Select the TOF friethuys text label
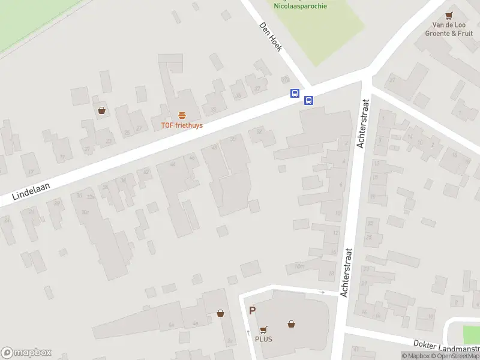tap(181, 125)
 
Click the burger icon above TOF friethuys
tap(182, 115)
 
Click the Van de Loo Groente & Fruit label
tap(448, 29)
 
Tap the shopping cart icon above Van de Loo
tap(448, 16)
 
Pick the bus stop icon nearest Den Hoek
tap(295, 93)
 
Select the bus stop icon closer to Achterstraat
tap(308, 100)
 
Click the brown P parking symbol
tap(253, 311)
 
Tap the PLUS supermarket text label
tap(263, 339)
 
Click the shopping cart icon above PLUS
tap(263, 329)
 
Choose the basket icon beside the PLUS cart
tap(291, 324)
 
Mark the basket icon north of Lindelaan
tap(102, 110)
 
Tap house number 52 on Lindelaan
tap(259, 131)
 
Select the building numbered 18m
tap(300, 266)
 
